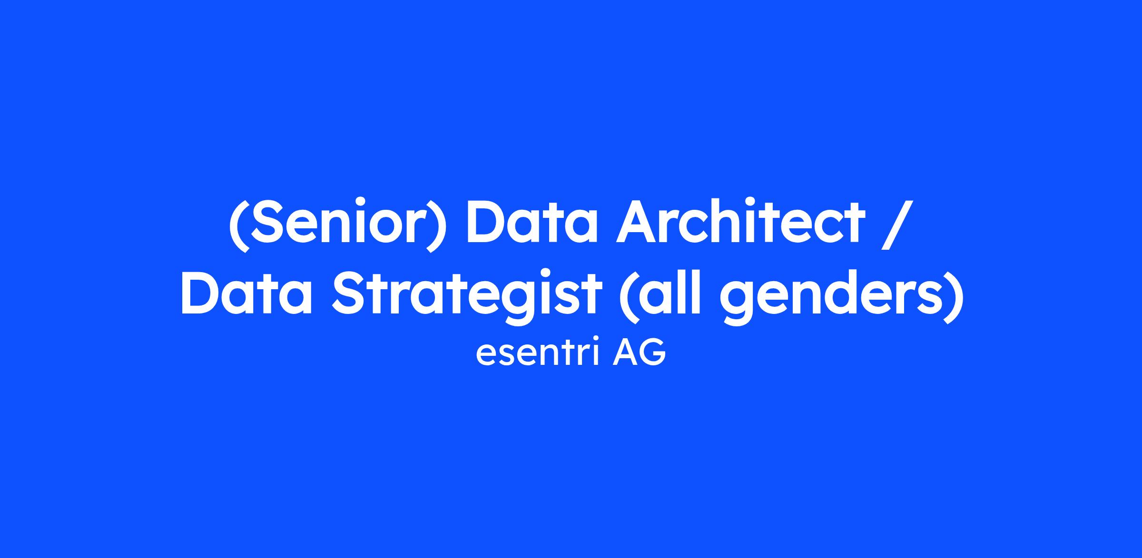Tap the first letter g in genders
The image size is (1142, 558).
[x=740, y=303]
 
